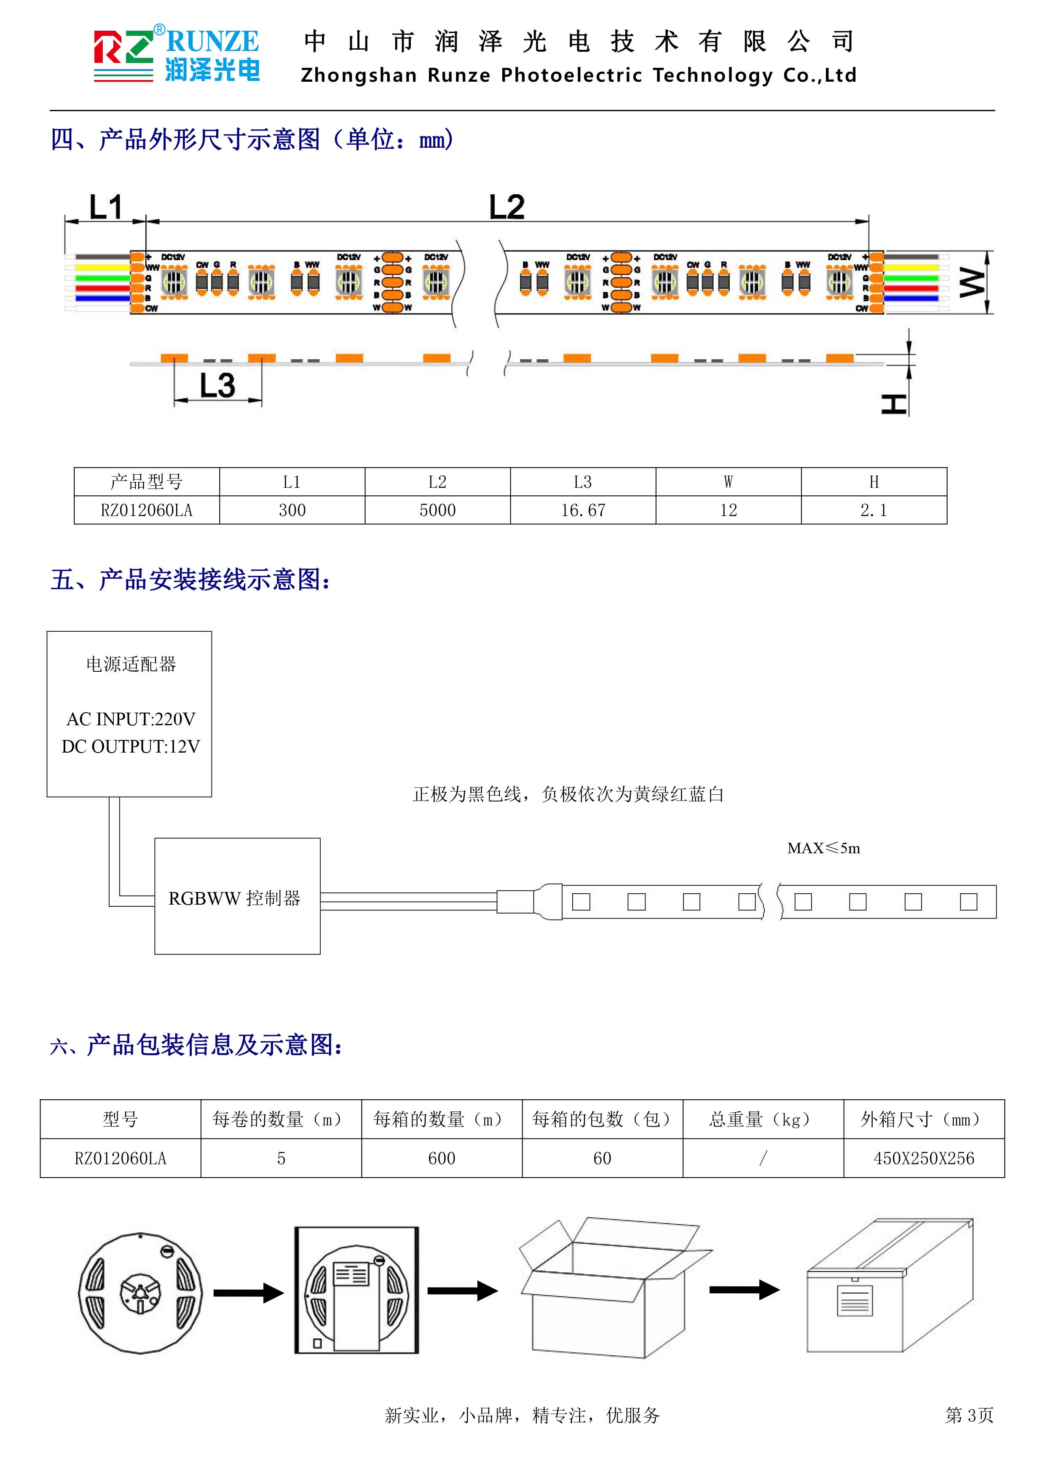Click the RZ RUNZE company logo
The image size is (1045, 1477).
pos(176,55)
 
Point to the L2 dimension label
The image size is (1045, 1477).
pos(506,207)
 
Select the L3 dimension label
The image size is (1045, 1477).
pos(217,385)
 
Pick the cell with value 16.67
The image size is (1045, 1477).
pos(583,510)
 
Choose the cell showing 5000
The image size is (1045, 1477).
pos(437,510)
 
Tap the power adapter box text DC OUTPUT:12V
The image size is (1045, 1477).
pos(131,746)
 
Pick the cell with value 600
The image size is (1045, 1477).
pos(442,1159)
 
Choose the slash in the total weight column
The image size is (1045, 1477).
pos(763,1159)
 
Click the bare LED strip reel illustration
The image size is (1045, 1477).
pos(140,1293)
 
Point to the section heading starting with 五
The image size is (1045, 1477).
pos(192,580)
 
